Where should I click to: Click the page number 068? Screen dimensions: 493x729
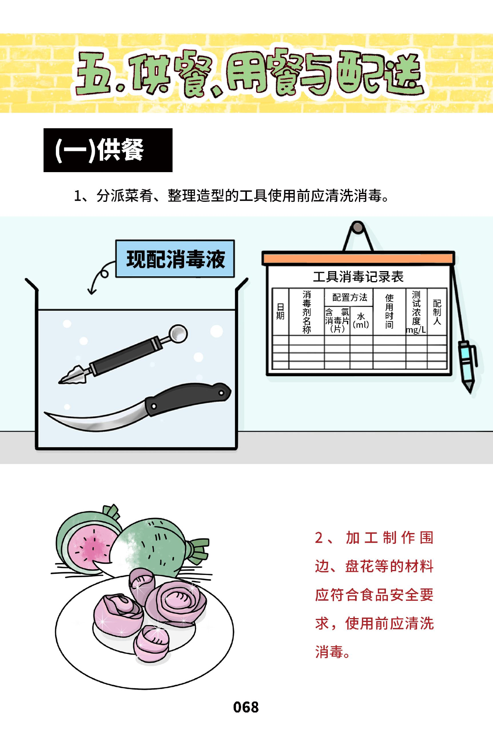pos(246,707)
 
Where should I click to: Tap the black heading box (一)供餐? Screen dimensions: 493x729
pos(108,150)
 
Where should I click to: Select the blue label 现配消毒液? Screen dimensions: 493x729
pos(175,259)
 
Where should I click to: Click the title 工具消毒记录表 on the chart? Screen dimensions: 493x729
pos(358,277)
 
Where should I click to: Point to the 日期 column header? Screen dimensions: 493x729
pos(280,312)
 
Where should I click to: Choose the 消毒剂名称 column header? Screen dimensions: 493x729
pos(307,312)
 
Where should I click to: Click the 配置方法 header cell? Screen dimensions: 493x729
pos(349,297)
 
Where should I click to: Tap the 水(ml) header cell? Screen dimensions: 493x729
pos(361,320)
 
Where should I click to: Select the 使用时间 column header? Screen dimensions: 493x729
pos(389,312)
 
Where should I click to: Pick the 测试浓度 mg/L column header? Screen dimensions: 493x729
pos(416,312)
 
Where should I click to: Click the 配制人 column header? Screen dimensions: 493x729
pos(437,312)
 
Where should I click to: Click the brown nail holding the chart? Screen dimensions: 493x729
pos(358,228)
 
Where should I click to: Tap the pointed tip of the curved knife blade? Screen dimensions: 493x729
pos(45,413)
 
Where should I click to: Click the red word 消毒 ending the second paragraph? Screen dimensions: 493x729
pos(329,652)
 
